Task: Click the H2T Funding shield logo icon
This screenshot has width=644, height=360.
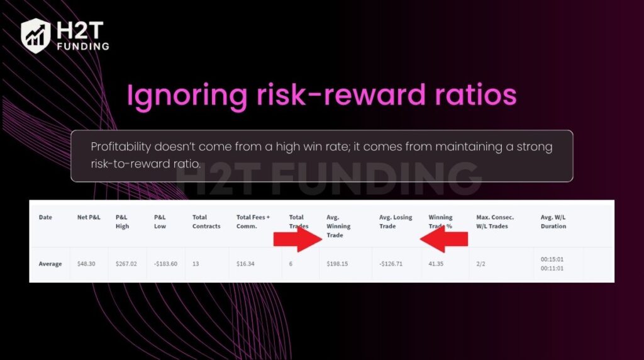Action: coord(35,35)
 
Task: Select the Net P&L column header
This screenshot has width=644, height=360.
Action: coord(89,217)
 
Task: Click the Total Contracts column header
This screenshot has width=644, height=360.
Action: coord(206,222)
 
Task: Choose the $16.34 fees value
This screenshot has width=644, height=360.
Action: coord(248,264)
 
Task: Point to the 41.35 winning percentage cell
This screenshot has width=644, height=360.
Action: coord(436,264)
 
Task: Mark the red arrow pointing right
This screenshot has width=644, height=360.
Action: coord(297,239)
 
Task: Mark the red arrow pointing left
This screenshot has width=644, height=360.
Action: coord(444,239)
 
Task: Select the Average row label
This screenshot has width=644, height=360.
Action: coord(50,264)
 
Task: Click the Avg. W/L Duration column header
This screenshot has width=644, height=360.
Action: coord(553,222)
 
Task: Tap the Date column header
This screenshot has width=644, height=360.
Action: coord(45,217)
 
